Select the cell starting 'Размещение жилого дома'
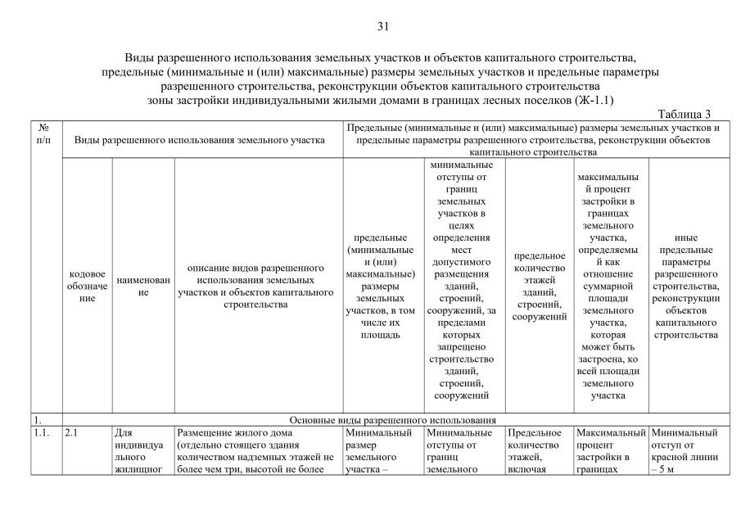[257, 450]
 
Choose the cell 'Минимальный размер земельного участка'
[379, 450]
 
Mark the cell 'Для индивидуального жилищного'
[142, 450]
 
